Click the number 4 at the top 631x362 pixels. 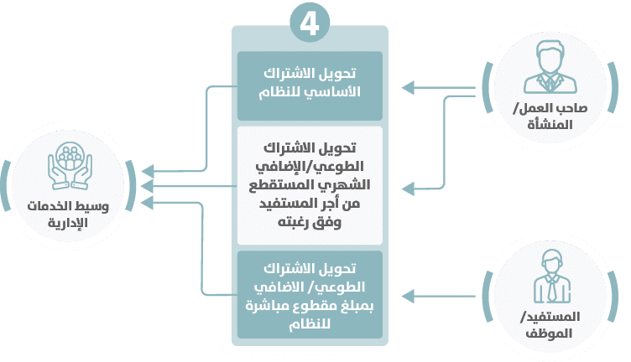[309, 23]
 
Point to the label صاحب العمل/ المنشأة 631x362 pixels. [551, 117]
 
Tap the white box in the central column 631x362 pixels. [310, 185]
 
